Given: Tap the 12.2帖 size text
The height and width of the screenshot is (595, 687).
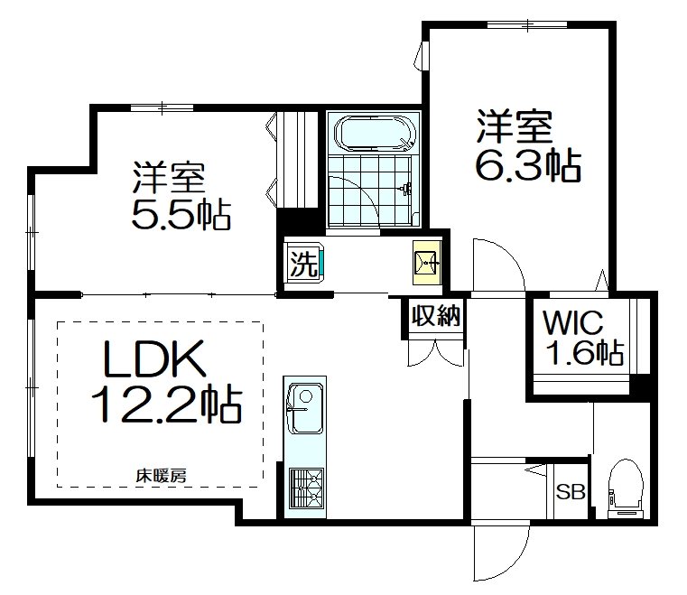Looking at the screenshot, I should [165, 405].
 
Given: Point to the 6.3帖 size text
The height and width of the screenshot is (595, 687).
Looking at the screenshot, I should [528, 165].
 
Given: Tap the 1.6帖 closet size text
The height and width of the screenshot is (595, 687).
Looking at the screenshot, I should [583, 351].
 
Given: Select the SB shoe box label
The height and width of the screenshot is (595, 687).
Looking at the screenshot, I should [569, 493].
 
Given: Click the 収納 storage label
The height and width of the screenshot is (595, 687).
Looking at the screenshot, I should [436, 316].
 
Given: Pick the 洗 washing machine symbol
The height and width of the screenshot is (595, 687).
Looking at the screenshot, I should [304, 264].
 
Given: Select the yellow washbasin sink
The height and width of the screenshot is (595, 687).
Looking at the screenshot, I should [426, 263].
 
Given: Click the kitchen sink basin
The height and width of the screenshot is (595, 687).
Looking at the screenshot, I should [304, 406].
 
